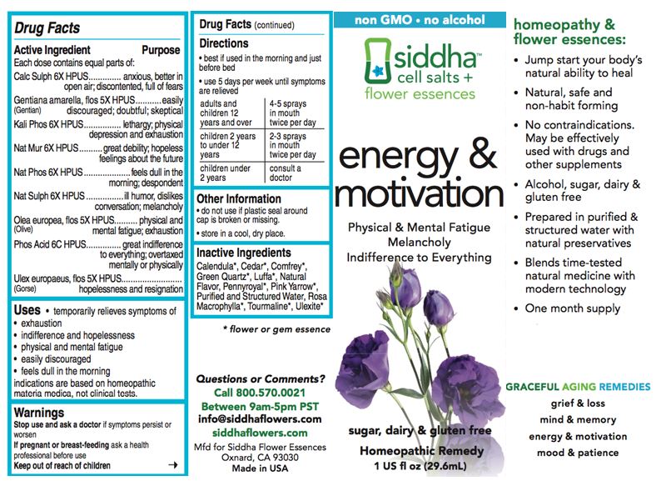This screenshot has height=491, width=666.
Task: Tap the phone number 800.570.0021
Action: point(259,393)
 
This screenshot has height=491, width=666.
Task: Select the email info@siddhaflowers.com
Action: point(259,418)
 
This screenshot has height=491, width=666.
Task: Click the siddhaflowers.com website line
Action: point(259,434)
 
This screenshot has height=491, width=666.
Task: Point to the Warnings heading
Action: point(39,413)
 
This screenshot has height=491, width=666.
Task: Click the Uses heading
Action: point(27,309)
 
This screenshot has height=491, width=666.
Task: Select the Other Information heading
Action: point(240,199)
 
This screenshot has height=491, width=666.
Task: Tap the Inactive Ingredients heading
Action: point(245,253)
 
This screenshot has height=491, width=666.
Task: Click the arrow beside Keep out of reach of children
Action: point(172,465)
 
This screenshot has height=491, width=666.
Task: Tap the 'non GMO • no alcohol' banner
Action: point(420,19)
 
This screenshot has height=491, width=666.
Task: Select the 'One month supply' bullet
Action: point(573,308)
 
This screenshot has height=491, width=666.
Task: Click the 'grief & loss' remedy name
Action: point(578,404)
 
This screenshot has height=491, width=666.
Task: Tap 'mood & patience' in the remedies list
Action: point(578,453)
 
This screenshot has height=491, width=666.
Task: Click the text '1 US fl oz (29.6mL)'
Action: point(420,464)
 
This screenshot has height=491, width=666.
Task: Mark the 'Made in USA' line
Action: point(259,467)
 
